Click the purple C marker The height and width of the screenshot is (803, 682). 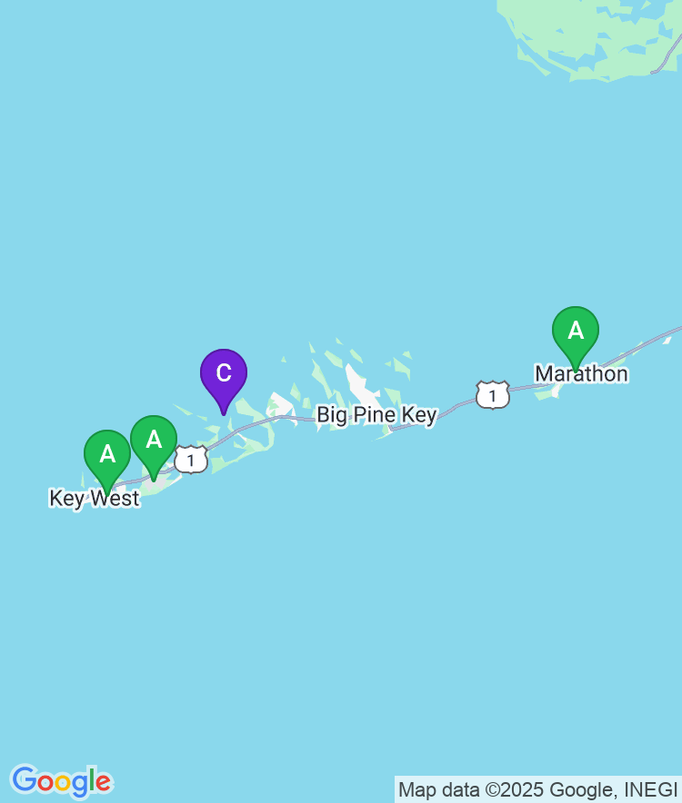tap(223, 373)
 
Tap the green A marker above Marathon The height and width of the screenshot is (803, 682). tap(575, 332)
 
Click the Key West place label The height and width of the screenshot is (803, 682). tap(95, 499)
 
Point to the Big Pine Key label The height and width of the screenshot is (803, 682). tap(376, 415)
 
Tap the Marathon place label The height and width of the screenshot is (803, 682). tap(581, 373)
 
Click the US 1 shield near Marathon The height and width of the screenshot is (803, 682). tap(492, 395)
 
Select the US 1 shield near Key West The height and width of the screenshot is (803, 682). tap(191, 460)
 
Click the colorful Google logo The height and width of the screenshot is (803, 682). tap(61, 781)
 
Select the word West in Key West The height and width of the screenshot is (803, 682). tap(115, 499)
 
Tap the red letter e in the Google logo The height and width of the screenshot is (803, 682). tap(103, 782)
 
